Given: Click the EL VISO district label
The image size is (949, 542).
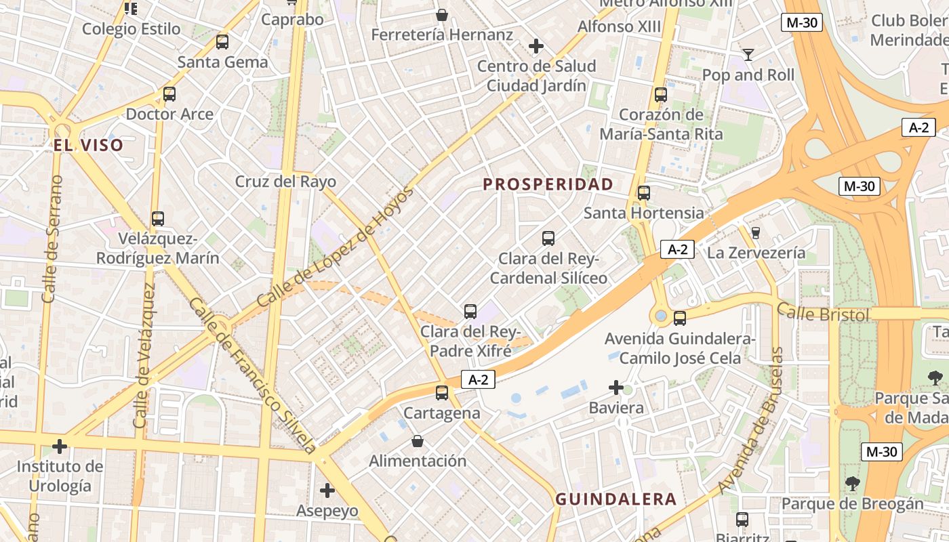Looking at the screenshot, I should coord(89,145).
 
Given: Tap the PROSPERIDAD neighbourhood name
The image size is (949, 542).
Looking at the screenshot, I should coord(548,184).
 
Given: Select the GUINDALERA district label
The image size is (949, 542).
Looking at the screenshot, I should coord(616,499).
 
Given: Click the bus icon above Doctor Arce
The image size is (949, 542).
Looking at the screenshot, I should coord(169,94).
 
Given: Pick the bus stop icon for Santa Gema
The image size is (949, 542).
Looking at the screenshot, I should coord(222,42).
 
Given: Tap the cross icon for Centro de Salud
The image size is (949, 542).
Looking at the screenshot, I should coord(536,46).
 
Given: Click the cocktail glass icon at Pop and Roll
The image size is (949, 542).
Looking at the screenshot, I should coord(748,54).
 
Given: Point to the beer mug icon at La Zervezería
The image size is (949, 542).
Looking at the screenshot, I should coord(756,232).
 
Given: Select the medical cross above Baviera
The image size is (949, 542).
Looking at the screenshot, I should coord(616,388).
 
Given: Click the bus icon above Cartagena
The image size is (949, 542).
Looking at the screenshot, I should coord(442,392).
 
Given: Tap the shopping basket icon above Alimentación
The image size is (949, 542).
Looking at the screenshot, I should coord(418,441).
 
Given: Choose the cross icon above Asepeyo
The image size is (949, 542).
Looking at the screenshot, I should coord(327,490).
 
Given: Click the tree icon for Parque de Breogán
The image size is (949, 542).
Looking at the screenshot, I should coord(853,484).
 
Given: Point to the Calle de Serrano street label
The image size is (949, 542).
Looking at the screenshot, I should coord(52,238).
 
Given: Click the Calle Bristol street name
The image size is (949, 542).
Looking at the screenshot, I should coord(822,313).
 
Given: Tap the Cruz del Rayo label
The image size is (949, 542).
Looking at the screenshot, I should coord(285,182).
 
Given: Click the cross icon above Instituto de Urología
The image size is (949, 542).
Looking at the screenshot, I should coord(60,446).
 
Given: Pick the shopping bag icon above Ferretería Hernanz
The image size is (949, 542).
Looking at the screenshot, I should coord(442,14).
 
